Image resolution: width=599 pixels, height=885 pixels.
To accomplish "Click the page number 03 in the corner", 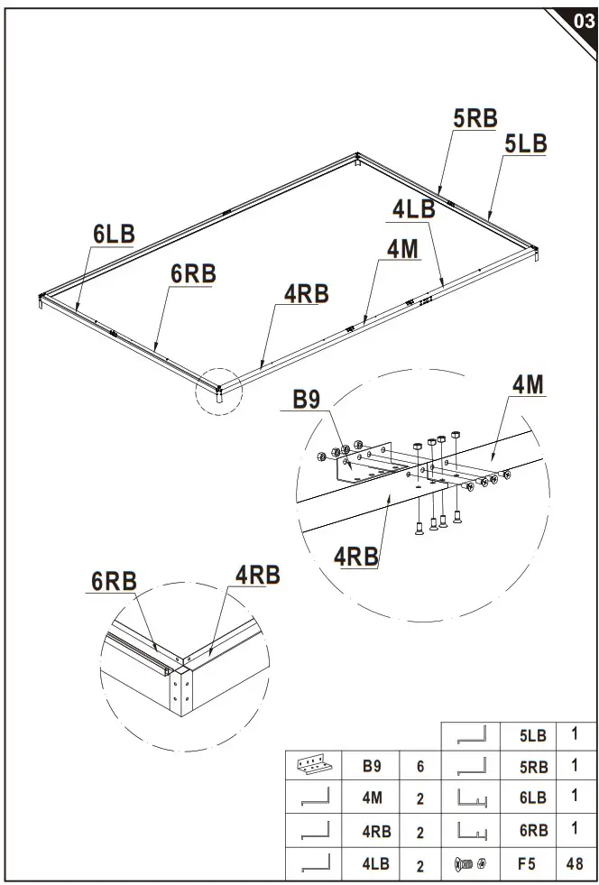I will click(583, 22).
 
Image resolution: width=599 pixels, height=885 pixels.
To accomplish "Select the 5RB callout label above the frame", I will click(475, 119).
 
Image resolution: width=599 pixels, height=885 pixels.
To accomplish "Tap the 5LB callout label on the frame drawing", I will click(525, 144).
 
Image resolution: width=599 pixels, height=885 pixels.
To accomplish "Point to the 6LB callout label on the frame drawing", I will click(114, 235).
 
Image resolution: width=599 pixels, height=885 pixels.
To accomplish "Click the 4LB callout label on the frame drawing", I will click(414, 209).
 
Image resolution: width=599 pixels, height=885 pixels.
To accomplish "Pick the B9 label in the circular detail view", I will click(312, 400).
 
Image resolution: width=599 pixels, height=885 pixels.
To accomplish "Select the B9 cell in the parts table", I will click(372, 767).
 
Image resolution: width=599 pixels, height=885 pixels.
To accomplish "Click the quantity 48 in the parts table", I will click(574, 863).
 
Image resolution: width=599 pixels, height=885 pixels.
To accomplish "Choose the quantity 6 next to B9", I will click(420, 767).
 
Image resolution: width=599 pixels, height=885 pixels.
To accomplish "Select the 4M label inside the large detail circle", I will click(529, 385).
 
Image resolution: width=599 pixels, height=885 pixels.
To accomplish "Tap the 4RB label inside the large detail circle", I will click(356, 557).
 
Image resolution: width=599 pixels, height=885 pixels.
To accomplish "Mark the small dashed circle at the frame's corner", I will click(219, 391).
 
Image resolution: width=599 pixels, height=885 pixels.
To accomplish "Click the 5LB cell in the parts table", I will click(532, 735).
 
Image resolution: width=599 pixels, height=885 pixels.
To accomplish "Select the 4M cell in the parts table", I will click(372, 798).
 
